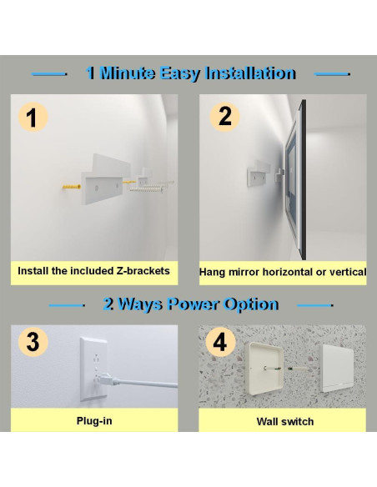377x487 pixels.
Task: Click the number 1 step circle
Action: [x=33, y=118]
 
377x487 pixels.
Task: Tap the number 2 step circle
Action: [x=224, y=117]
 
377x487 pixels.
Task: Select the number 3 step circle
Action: [x=33, y=342]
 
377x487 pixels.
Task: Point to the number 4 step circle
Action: [x=220, y=342]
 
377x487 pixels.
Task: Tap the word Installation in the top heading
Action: [x=251, y=73]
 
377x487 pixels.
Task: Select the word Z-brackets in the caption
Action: [x=143, y=271]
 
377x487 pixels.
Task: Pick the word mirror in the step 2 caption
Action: [x=244, y=272]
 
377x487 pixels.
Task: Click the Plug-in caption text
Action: [x=94, y=421]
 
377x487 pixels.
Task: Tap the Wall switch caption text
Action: [x=285, y=421]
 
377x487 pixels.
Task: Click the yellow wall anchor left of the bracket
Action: [x=72, y=187]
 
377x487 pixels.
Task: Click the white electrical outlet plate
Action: [x=93, y=369]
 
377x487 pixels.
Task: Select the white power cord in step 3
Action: [x=140, y=382]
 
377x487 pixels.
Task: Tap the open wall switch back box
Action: [x=264, y=369]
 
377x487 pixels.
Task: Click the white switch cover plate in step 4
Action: [x=337, y=368]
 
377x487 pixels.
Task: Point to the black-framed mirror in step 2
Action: [x=296, y=179]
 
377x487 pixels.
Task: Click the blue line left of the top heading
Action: [x=49, y=74]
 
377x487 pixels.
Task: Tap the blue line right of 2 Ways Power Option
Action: [x=315, y=305]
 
